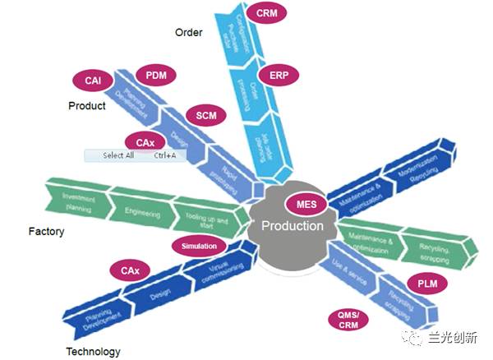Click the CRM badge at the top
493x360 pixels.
(266, 14)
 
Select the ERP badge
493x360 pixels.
(279, 75)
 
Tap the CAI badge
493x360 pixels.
(93, 81)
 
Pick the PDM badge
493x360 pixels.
(156, 76)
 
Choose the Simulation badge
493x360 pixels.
(199, 246)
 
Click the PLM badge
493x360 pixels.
(427, 284)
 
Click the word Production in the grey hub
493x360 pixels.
(293, 226)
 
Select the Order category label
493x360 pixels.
(188, 33)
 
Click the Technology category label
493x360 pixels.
(93, 352)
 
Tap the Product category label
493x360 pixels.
(87, 105)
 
